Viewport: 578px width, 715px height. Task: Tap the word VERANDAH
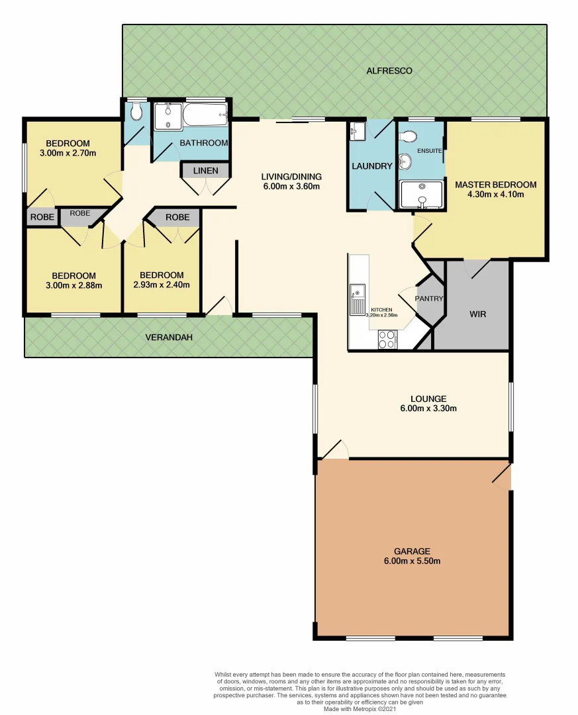[169, 338]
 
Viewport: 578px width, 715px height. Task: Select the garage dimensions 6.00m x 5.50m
[412, 561]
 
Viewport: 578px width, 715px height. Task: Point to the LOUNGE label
[428, 399]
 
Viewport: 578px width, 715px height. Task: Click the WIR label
[477, 314]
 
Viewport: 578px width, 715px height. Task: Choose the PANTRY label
[428, 299]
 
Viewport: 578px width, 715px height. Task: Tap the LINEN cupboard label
[205, 171]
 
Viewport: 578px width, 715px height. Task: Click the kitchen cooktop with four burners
[387, 340]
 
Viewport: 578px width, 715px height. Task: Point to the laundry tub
[357, 130]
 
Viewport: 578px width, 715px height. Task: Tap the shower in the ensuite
[421, 195]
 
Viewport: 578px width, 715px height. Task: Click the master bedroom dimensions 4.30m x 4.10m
[495, 195]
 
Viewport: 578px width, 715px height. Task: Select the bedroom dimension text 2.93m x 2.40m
[162, 285]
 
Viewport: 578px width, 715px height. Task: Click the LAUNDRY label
[371, 166]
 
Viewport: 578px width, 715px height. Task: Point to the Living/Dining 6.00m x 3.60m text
[291, 186]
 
